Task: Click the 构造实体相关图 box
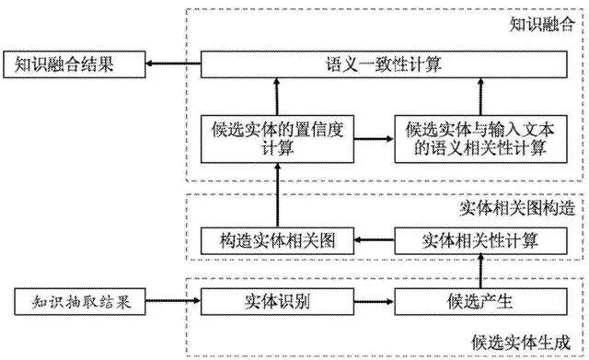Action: [x=277, y=242]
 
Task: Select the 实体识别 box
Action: [x=277, y=301]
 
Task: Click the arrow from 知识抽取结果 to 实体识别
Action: [x=171, y=301]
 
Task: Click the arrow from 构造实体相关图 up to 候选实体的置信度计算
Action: [x=277, y=195]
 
